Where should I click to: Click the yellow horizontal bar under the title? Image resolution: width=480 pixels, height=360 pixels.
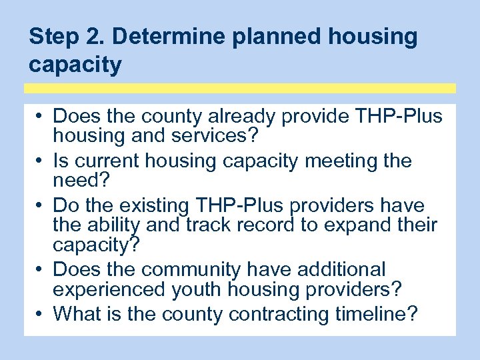(240, 88)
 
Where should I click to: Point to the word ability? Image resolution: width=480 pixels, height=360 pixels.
(117, 225)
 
